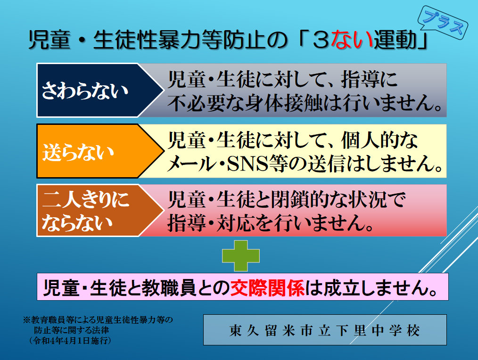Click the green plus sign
coord(241,256)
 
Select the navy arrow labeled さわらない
coord(100,90)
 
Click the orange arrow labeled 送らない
coord(100,151)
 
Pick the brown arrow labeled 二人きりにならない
coord(100,210)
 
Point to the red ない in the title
coord(352,40)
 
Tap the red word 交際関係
coord(267,287)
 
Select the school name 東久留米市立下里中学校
coord(325,330)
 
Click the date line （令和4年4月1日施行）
coord(70,341)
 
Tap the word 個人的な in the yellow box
coord(379,140)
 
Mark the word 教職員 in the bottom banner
coord(169,287)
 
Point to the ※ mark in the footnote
coord(27,320)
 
